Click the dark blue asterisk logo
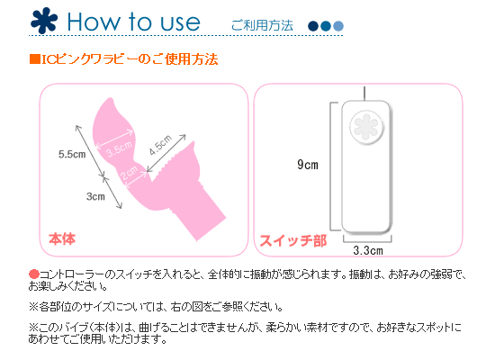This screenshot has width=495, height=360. pos(44,21)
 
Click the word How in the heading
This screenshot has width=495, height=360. pos(94,22)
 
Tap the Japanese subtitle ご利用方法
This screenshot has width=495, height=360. pos(262,25)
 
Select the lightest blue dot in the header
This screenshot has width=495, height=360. pos(338,26)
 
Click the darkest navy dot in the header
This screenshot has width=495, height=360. pos(313,26)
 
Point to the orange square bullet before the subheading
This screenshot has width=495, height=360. pos(35,59)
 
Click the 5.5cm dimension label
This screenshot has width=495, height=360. pos(72,154)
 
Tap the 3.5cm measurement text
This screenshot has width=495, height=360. pos(119,148)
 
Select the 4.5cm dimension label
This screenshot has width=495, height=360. pos(161,144)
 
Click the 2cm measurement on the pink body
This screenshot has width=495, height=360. pos(130,173)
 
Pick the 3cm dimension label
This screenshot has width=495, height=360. pos(95,196)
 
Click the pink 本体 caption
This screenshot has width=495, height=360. pos(62,238)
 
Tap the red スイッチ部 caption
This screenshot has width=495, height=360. pos(293,241)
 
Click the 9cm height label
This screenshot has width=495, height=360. pos(308,165)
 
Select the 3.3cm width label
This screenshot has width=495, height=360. pos(368,251)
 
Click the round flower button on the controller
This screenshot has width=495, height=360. pos(366,127)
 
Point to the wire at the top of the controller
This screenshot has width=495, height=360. pos(364,94)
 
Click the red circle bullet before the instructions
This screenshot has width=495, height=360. pos(34,274)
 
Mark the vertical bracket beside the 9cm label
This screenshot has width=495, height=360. pos(331,166)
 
